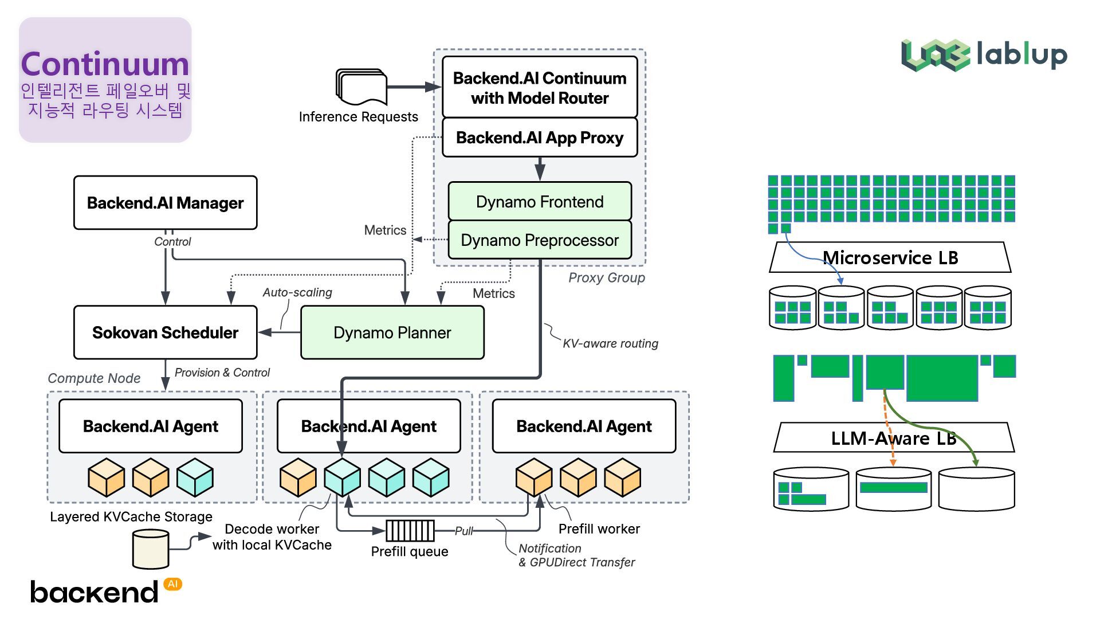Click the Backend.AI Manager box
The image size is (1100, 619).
tap(165, 203)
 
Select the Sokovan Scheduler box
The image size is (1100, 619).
tap(165, 332)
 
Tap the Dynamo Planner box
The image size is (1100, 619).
tap(392, 332)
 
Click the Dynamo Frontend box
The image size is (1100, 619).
tap(539, 202)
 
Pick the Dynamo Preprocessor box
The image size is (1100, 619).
tap(539, 240)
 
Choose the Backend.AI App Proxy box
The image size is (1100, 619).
tap(539, 138)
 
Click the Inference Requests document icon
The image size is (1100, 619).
tap(362, 87)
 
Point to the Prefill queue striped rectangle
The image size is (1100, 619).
tap(410, 531)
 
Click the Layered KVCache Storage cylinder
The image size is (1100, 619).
tap(151, 549)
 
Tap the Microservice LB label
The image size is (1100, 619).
tap(890, 258)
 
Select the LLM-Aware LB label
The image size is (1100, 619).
tap(894, 438)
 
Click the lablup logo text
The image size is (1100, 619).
tap(1022, 54)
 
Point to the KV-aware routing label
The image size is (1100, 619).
tap(610, 343)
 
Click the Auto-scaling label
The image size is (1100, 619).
tap(297, 292)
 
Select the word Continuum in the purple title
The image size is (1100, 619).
tap(105, 64)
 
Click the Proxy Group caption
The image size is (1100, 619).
tap(606, 278)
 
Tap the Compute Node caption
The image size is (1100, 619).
tap(94, 378)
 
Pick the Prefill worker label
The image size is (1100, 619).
tap(599, 529)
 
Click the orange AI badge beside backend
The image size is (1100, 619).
tap(172, 584)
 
